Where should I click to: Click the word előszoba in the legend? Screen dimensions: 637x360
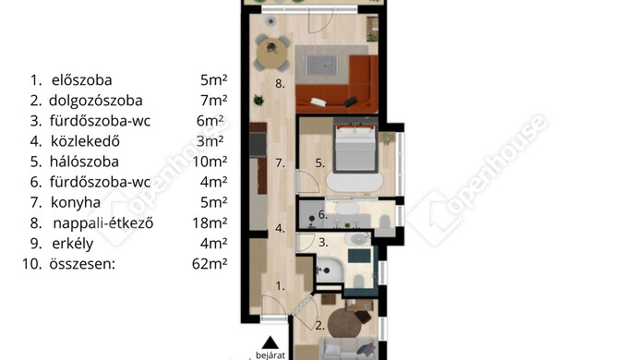click(x=81, y=80)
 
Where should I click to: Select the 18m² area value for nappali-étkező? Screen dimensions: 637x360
click(x=210, y=222)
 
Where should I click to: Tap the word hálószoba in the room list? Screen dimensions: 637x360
click(x=84, y=162)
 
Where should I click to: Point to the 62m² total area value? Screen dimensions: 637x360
click(x=210, y=264)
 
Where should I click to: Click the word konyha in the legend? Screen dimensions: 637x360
click(x=76, y=202)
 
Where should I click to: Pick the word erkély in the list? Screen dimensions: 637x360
click(x=73, y=244)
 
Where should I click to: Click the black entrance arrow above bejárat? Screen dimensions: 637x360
click(x=270, y=342)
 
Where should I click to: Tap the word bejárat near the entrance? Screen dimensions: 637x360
click(x=270, y=355)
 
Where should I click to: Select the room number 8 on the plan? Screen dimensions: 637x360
click(x=280, y=84)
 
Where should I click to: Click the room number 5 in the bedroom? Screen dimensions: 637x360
click(x=320, y=163)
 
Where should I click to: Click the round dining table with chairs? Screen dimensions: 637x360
click(x=272, y=54)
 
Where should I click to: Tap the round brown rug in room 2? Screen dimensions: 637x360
click(x=345, y=323)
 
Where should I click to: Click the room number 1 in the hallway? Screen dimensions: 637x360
click(x=281, y=286)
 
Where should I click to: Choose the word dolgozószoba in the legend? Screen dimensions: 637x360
click(x=96, y=101)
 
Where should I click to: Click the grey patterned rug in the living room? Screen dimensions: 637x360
click(x=322, y=65)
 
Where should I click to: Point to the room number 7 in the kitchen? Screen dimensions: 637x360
click(x=280, y=163)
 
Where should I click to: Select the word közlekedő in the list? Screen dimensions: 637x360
click(x=85, y=141)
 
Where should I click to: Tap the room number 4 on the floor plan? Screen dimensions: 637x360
click(x=280, y=228)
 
